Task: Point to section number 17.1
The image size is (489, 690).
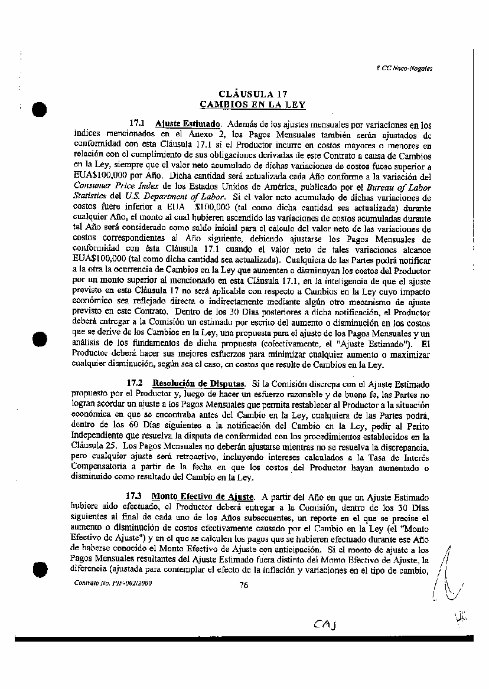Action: (137, 125)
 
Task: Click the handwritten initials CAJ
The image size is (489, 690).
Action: (325, 624)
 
